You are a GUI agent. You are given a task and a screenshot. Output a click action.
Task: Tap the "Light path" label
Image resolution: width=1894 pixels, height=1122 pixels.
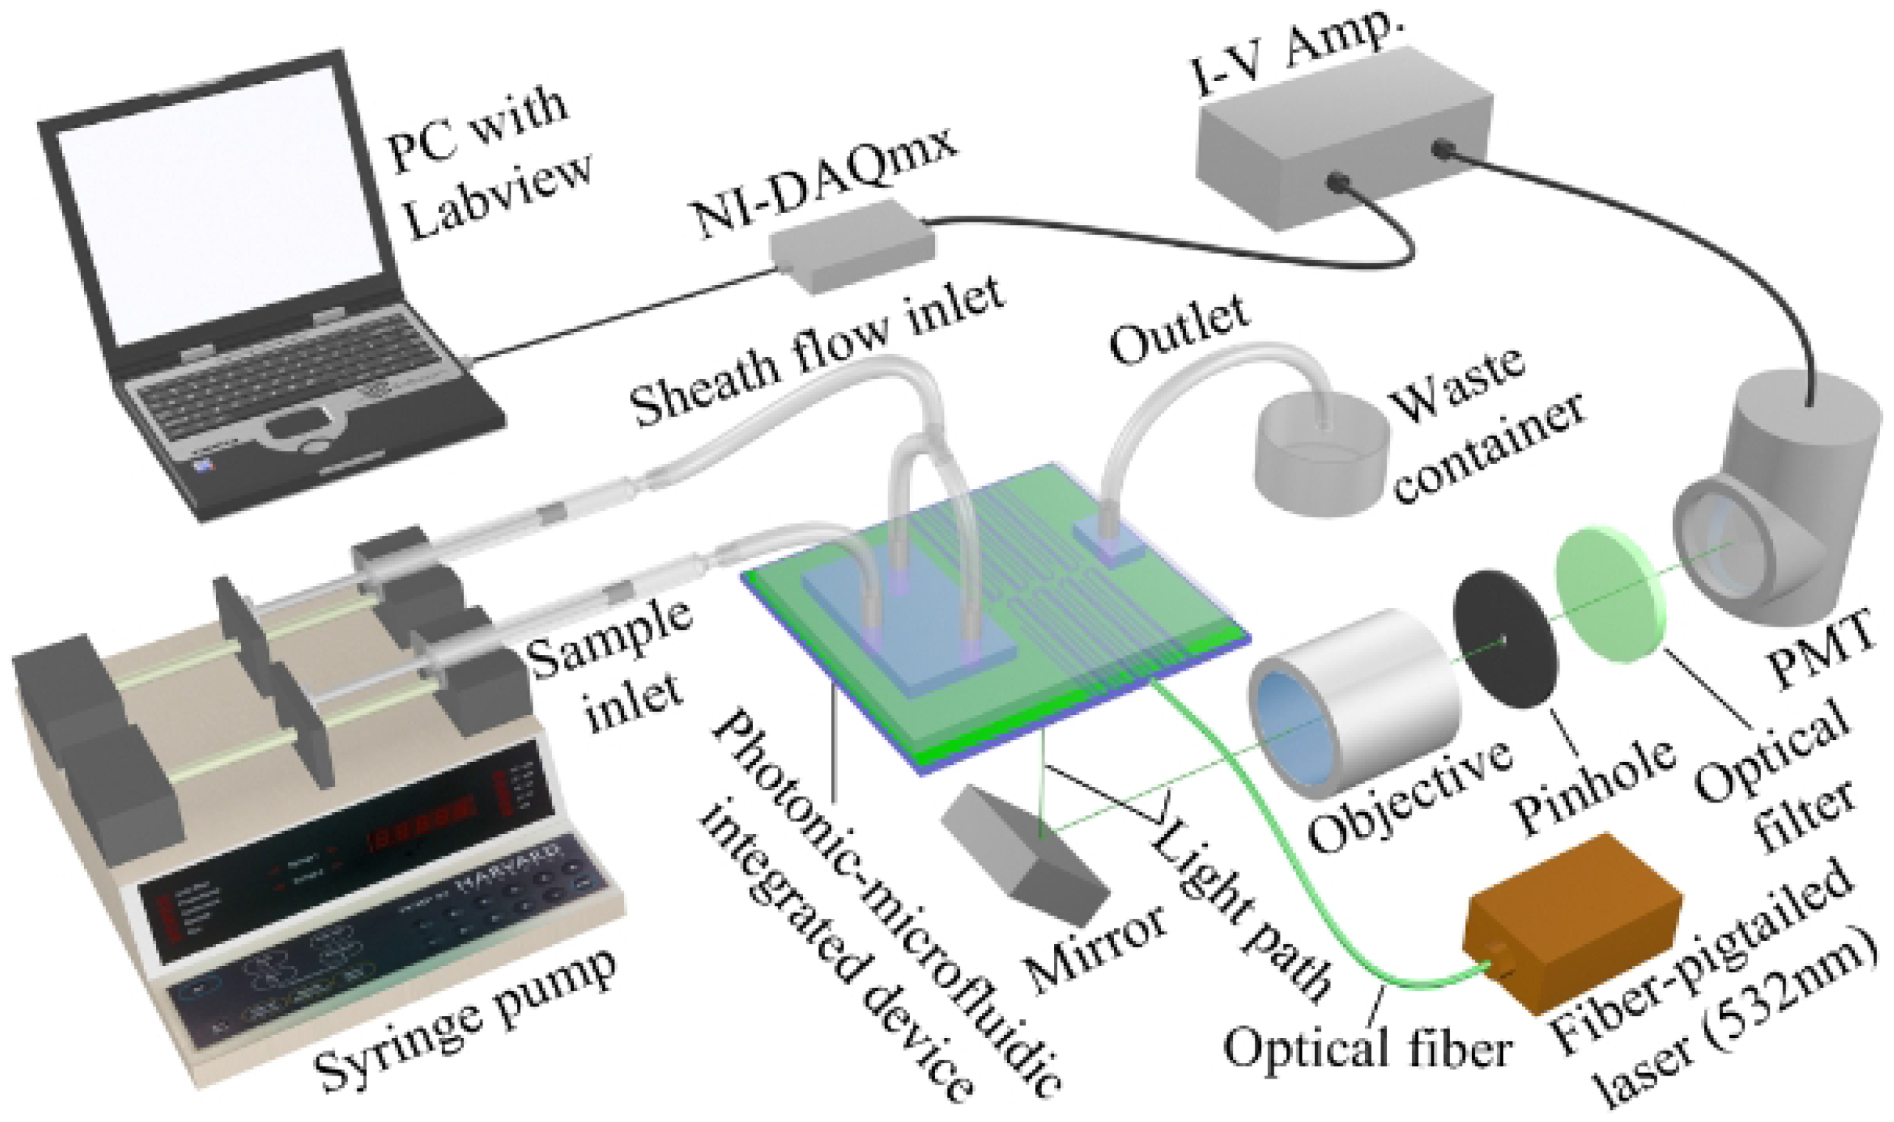(1241, 907)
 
